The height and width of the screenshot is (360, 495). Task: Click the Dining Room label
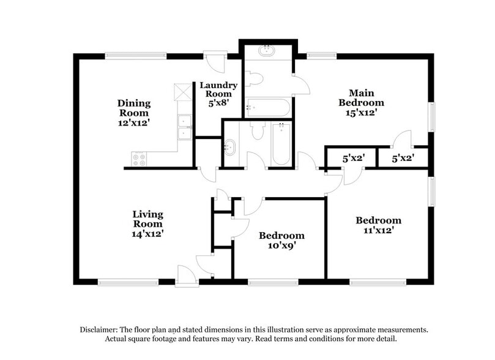pos(134,108)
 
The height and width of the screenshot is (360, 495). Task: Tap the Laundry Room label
pos(218,90)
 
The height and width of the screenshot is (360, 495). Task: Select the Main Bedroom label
pos(362,97)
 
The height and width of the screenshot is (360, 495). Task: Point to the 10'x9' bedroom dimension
pos(281,246)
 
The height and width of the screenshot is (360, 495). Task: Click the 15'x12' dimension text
pos(362,113)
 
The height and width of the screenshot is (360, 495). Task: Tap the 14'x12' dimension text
pos(148,233)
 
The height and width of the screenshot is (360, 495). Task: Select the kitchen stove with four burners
pos(139,159)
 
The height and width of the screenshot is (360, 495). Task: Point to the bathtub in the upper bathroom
pos(268,108)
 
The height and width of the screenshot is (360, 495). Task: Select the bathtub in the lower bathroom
pos(281,144)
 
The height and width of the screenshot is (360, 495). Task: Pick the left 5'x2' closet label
pos(353,158)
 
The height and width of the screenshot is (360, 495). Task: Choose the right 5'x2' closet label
pos(403,158)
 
